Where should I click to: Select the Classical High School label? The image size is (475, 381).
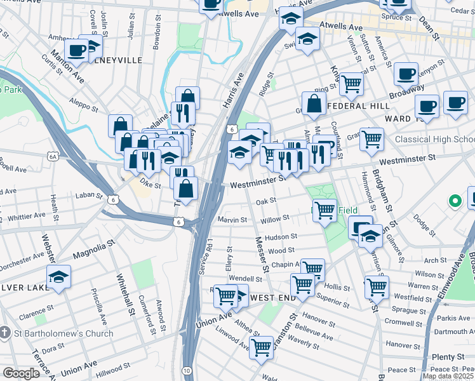(x=434, y=139)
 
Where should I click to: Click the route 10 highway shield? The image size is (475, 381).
(x=187, y=370)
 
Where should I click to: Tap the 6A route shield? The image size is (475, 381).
(x=53, y=156)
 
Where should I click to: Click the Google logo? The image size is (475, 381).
(x=21, y=373)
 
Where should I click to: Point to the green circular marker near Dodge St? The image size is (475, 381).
(x=455, y=202)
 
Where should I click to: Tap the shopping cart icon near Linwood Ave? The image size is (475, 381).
(x=262, y=347)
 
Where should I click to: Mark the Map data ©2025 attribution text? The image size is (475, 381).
(x=448, y=376)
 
